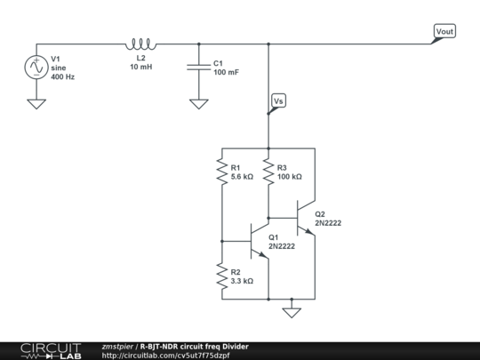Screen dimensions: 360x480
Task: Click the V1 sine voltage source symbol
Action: (x=37, y=67)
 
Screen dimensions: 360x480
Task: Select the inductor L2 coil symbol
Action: (x=142, y=44)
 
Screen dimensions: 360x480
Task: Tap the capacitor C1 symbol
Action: (x=197, y=67)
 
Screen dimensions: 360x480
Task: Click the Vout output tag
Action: (x=444, y=33)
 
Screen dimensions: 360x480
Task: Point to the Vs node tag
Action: (x=277, y=101)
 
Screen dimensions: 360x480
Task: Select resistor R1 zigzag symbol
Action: (x=221, y=171)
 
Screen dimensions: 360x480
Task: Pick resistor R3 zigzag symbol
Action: (x=268, y=171)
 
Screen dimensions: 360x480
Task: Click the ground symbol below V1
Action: (x=37, y=102)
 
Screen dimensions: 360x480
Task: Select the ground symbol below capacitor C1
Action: (x=197, y=102)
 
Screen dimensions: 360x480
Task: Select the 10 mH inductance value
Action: (x=142, y=68)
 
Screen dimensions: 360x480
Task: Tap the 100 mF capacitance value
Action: (x=226, y=72)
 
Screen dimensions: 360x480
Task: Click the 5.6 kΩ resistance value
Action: (x=243, y=177)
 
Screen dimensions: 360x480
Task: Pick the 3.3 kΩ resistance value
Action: (x=243, y=281)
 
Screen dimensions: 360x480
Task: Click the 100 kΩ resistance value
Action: (x=290, y=177)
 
